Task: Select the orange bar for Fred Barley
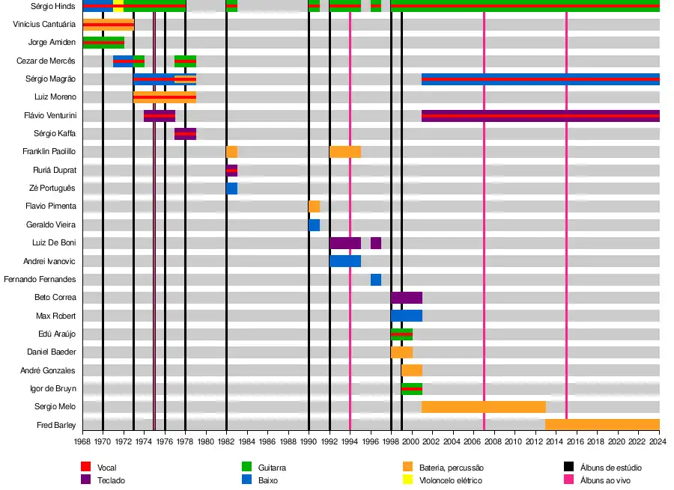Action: coord(602,424)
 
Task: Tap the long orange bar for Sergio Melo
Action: coord(483,406)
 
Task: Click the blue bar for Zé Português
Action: coord(232,188)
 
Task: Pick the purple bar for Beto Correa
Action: coord(407,297)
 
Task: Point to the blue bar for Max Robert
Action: coord(407,316)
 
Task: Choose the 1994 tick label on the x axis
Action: coord(350,442)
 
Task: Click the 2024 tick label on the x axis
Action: coord(658,442)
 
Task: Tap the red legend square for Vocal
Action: coord(85,468)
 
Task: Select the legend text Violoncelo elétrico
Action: coord(451,480)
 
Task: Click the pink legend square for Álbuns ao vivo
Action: coord(568,480)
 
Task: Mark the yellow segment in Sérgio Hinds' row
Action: coord(118,6)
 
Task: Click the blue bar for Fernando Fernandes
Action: coord(376,279)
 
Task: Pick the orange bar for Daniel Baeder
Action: coord(401,352)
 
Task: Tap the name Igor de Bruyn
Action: coord(51,388)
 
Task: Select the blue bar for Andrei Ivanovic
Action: coord(345,260)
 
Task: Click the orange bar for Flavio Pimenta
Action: coord(314,206)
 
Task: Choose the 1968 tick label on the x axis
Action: coord(82,442)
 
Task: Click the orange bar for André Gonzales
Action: coord(412,370)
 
